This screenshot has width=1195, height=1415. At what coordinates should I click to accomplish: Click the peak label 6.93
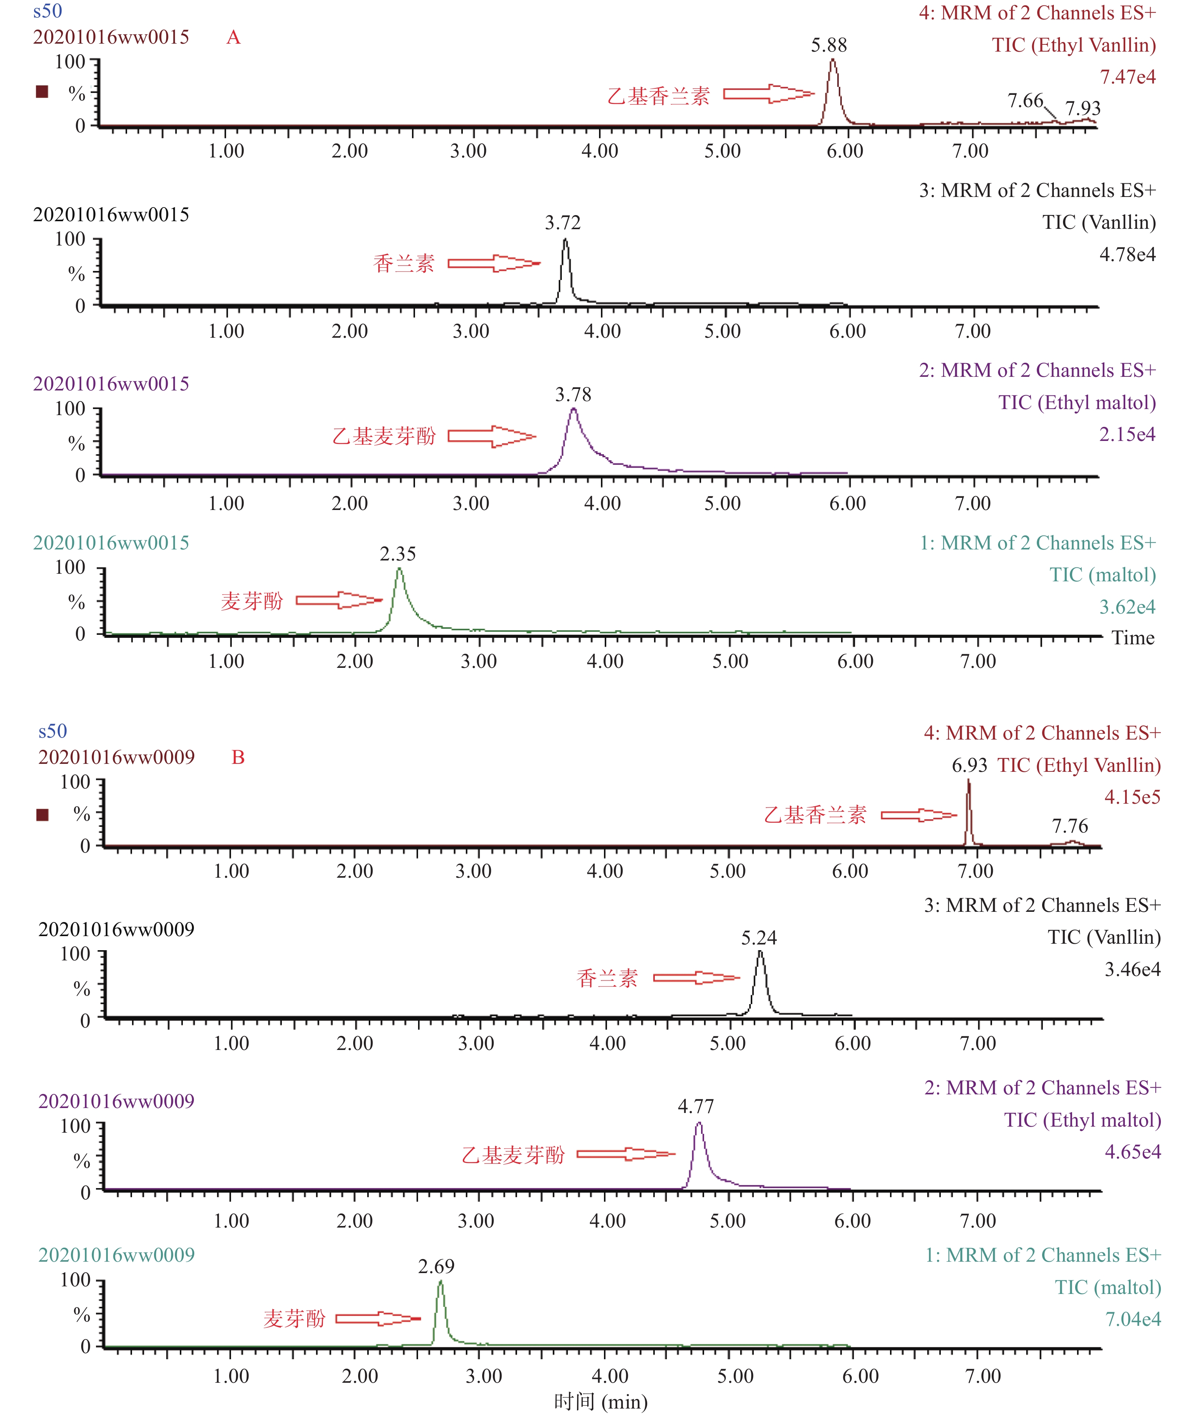[969, 766]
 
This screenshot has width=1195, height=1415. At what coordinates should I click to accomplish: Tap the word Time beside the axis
[1133, 638]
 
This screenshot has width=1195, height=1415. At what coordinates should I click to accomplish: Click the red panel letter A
[233, 37]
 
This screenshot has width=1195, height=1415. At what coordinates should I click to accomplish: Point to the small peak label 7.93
[1083, 109]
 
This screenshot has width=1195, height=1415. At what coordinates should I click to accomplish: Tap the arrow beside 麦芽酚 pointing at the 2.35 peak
[339, 600]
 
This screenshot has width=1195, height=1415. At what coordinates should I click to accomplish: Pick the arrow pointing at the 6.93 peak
[918, 815]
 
